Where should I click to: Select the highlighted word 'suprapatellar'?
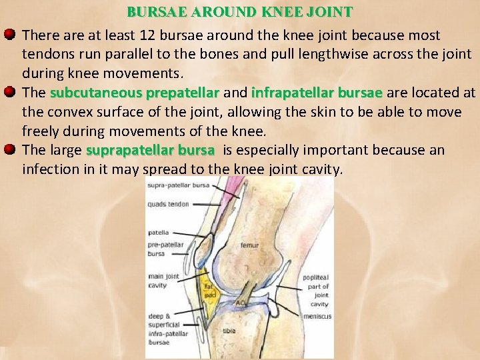(x=124, y=150)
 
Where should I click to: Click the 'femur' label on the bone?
(x=250, y=245)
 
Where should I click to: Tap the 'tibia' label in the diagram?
(x=229, y=331)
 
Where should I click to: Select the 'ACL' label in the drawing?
(x=241, y=303)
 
